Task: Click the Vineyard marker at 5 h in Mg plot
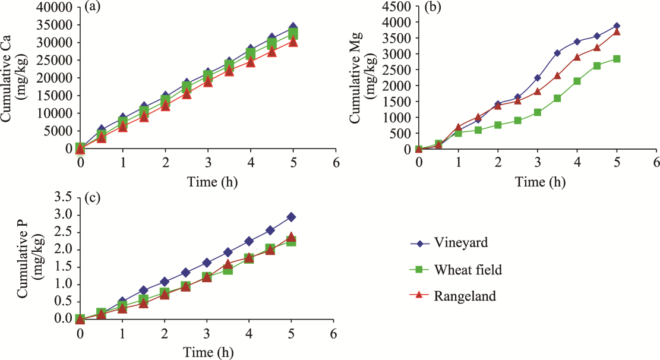coord(617,26)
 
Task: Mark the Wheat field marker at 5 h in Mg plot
coord(617,59)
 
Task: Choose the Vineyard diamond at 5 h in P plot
coord(291,217)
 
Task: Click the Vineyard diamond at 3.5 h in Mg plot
coord(557,53)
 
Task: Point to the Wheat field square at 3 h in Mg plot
coord(538,112)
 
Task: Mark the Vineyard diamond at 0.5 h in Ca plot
coord(102,130)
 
